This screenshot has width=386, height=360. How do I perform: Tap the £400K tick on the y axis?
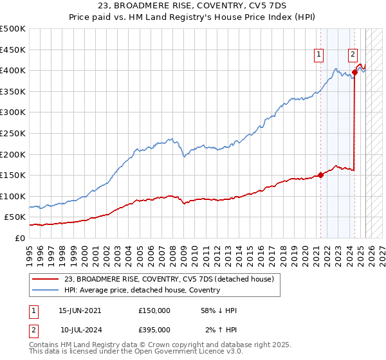tap(13, 70)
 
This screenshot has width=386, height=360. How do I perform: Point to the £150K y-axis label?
tap(13, 175)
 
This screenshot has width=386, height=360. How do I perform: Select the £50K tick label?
tap(15, 217)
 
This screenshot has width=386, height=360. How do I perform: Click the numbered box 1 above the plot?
tap(318, 55)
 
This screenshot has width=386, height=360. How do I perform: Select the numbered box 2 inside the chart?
tap(353, 55)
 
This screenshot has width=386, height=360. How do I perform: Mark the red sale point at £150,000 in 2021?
tap(320, 175)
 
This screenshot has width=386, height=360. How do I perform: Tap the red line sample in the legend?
tap(46, 279)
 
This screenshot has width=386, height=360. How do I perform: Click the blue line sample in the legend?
tap(46, 290)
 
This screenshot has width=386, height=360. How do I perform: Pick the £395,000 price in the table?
tap(154, 329)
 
